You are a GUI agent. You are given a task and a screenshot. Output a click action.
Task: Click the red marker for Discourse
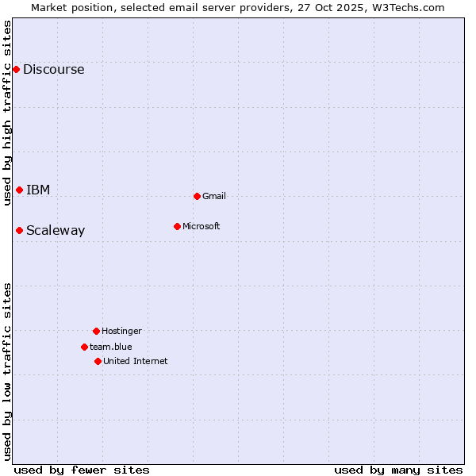click(16, 70)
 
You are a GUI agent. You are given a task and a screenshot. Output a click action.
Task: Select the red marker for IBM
click(19, 190)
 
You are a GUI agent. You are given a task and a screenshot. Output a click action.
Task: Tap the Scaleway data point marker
click(19, 231)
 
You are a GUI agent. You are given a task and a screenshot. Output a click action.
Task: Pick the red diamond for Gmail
click(197, 196)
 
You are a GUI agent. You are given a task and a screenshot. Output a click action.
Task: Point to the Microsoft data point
click(177, 226)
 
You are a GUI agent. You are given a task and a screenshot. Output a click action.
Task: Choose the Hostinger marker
click(96, 331)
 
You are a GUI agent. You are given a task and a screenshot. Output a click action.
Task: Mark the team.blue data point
click(84, 347)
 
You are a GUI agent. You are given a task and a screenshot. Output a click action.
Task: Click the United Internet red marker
click(98, 361)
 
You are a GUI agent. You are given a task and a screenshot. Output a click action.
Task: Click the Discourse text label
click(53, 70)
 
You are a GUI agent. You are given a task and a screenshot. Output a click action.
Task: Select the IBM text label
click(38, 190)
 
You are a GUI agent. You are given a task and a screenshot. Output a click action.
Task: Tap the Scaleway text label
click(56, 231)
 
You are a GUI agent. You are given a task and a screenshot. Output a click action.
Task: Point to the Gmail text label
click(214, 196)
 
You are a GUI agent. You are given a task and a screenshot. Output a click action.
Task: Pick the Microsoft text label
click(202, 226)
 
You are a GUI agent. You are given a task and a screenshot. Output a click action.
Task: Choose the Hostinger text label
click(121, 331)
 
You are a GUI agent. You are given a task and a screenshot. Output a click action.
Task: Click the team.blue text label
click(111, 347)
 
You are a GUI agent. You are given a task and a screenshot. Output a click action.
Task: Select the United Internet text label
click(136, 361)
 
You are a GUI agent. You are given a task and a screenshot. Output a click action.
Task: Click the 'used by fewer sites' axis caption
click(82, 470)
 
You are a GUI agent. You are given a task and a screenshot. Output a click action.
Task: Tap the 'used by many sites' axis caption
click(398, 470)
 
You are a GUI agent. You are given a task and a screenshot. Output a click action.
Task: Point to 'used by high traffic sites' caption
click(7, 113)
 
